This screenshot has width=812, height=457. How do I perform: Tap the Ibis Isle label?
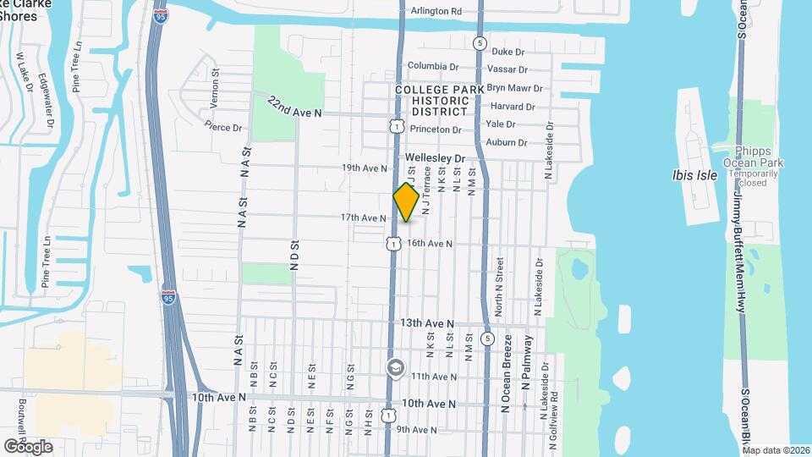pos(694,175)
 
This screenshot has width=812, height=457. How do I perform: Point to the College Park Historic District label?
pos(440,100)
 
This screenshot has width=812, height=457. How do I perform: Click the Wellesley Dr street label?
pos(435,158)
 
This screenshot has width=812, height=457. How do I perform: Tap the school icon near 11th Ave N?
pos(395,367)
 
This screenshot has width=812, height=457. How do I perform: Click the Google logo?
pos(27,446)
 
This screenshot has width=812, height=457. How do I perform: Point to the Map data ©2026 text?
pos(776,449)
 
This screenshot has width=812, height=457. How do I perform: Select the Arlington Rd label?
pos(436,11)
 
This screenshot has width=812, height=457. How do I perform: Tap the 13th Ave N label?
pos(427,323)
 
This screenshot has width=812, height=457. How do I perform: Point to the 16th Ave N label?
pos(430,244)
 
